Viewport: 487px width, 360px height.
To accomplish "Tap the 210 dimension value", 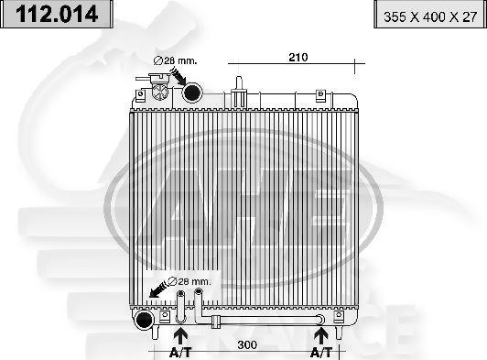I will [298, 57].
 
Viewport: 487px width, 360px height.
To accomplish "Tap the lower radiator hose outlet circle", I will [143, 320].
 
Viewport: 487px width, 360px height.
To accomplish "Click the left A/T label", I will [180, 351].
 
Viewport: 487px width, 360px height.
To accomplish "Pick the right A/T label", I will [320, 351].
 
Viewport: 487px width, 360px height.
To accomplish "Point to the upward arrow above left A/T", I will [180, 334].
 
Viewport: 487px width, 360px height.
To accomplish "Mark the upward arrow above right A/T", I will [320, 334].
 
